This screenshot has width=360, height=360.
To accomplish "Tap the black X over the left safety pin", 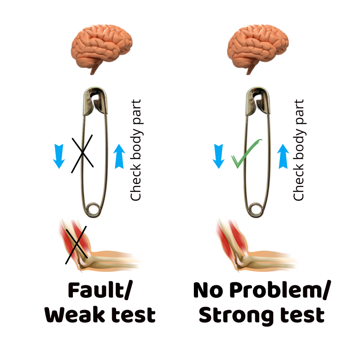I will pos(83,153).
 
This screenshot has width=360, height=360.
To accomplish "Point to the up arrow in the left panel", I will pos(119,156).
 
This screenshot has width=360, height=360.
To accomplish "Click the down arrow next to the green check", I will pos(219,156).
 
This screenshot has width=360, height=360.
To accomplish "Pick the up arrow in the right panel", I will pos(283,156).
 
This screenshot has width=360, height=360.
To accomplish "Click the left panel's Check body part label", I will pos(135,151).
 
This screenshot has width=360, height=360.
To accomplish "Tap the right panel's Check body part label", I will pos(299,151).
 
